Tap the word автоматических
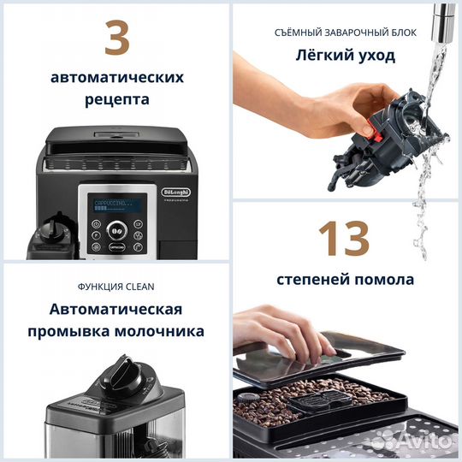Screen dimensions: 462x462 [x=116, y=77]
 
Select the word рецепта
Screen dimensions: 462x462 [x=116, y=99]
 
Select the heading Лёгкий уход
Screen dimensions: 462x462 [x=346, y=56]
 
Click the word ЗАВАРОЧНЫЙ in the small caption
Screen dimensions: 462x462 [x=346, y=33]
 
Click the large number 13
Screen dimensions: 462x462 [x=346, y=239]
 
